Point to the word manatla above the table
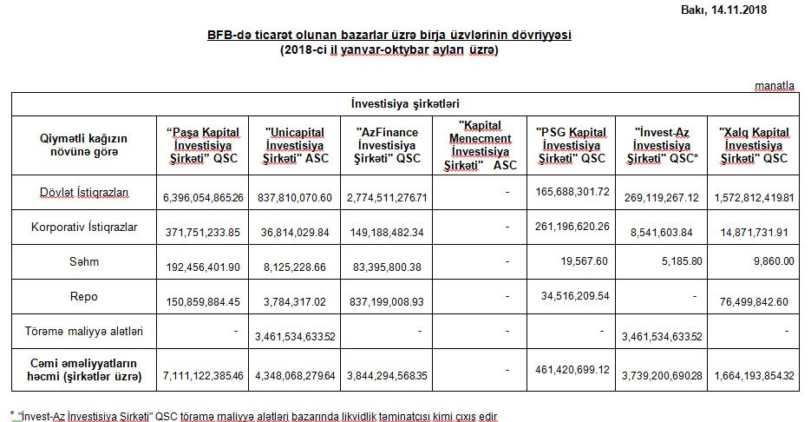click(x=774, y=86)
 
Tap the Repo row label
click(x=84, y=296)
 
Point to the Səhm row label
click(x=84, y=261)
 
